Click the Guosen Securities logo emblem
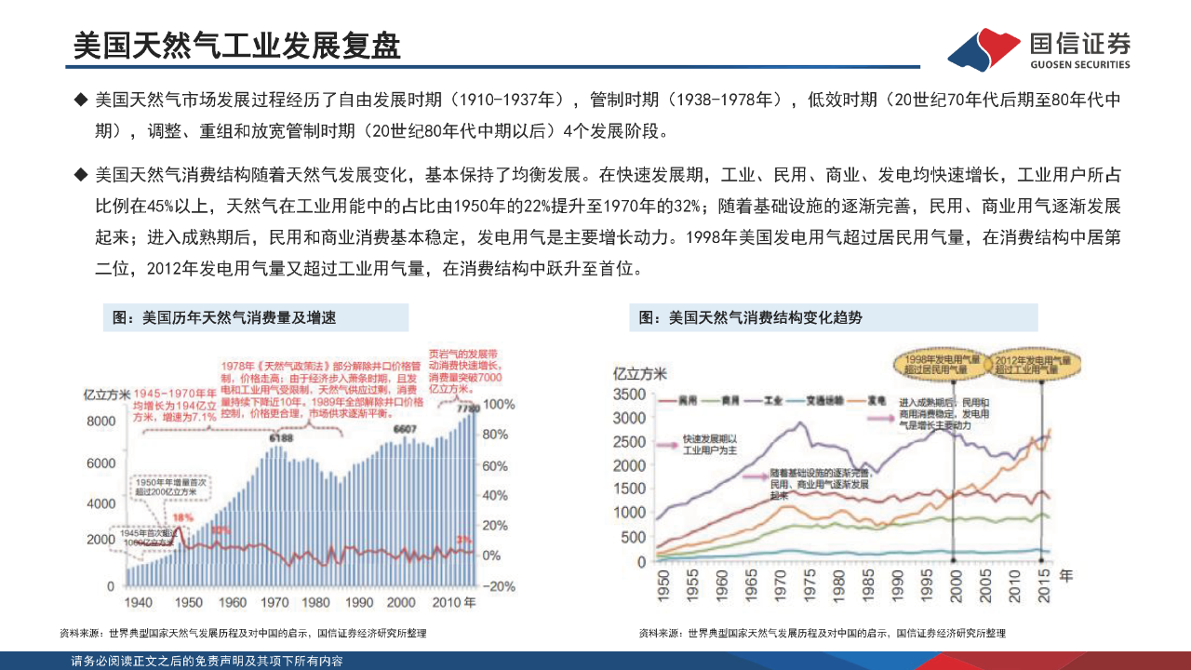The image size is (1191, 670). (984, 49)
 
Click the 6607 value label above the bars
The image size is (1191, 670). (404, 429)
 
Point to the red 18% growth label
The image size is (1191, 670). (182, 517)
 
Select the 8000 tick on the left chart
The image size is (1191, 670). (100, 421)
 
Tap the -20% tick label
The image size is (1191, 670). (501, 586)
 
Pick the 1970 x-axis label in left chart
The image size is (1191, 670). (274, 602)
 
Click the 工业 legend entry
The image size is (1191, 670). (771, 400)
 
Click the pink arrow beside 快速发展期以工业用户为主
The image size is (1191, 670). (667, 447)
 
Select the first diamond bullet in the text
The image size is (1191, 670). (81, 99)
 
